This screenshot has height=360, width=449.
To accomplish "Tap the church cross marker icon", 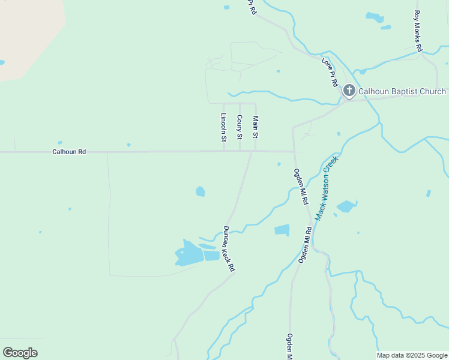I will (349, 91).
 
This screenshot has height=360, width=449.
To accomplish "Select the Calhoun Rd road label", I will (69, 152).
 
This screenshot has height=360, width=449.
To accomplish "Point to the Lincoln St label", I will (224, 127).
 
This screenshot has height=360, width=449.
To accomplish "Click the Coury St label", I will (240, 127).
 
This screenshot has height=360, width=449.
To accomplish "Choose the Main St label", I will (256, 127).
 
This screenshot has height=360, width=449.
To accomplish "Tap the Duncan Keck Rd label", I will (228, 248).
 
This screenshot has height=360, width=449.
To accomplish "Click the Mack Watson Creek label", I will (327, 188).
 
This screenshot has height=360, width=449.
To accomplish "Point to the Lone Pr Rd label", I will (330, 72).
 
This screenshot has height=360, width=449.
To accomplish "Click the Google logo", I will (20, 353).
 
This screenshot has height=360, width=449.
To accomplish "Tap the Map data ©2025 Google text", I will (412, 355).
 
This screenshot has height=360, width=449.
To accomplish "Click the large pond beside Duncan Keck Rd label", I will (189, 254).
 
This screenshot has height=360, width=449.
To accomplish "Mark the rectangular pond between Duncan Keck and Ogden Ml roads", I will (282, 230).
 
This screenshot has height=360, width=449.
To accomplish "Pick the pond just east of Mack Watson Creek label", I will (346, 206).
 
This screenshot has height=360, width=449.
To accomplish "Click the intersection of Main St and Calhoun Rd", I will (256, 151).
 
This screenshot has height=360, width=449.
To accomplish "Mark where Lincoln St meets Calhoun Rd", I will (224, 151).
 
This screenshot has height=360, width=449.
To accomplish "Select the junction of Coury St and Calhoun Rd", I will (240, 151).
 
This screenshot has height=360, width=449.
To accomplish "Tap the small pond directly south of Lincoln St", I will (200, 191).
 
